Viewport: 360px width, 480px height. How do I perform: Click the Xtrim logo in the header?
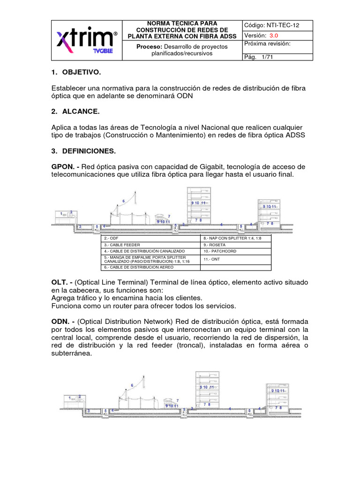87,39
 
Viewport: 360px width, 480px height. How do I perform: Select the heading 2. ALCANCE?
75,112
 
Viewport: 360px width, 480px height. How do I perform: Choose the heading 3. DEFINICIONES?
82,151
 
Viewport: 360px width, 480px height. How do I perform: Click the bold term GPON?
62,167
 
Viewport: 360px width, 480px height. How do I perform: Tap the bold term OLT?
60,283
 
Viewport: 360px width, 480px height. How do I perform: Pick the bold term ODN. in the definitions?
61,322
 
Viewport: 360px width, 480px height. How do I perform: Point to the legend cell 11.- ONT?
212,259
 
